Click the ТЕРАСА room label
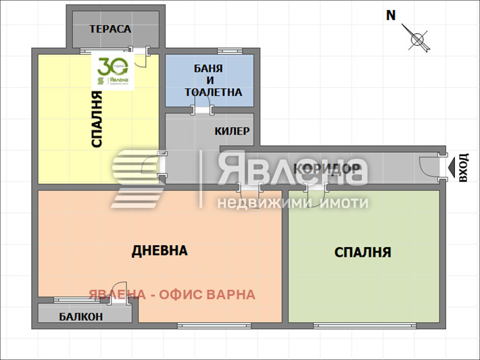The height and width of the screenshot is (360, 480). click(x=110, y=29)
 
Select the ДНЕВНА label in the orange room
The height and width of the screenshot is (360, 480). click(x=160, y=251)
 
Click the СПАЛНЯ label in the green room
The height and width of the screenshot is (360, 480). click(x=363, y=253)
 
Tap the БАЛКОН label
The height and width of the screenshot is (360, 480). click(x=81, y=316)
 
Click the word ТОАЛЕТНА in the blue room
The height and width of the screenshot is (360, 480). click(x=212, y=92)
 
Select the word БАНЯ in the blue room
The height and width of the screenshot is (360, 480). click(x=208, y=68)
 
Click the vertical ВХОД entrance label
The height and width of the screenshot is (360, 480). click(x=462, y=168)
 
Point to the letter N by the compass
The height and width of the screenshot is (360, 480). click(x=391, y=16)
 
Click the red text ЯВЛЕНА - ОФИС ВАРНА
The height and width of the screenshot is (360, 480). click(x=172, y=294)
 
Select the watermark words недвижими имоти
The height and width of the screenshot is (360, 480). click(x=292, y=203)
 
